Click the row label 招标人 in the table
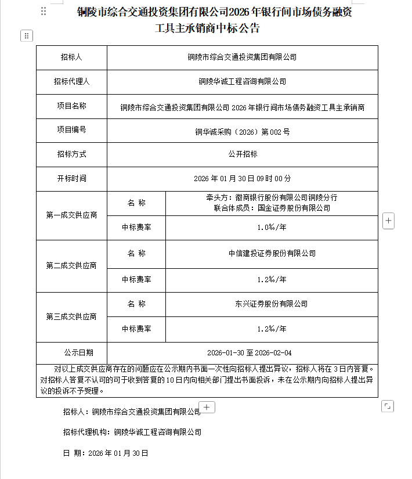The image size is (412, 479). pos(71,57)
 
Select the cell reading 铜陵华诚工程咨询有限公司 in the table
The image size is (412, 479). pos(242,82)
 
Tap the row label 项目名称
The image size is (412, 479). pos(71,106)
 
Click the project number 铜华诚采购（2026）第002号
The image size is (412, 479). pos(242,131)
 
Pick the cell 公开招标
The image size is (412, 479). pos(242,154)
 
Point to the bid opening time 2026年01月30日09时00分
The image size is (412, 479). pos(242,178)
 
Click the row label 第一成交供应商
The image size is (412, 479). pos(71,215)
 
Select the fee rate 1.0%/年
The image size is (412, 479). pos(271,228)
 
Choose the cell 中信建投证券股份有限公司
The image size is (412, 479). pos(271,253)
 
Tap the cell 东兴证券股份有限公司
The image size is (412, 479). pos(271,304)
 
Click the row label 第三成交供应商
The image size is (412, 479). pos(71,317)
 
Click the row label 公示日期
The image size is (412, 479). pos(71,352)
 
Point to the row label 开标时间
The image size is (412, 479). pos(71,178)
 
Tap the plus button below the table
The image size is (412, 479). pos(207,407)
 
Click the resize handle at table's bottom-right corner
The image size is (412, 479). pos(388,406)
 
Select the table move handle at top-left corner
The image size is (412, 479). pos(27,35)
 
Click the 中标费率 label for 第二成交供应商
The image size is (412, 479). pos(136,279)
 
